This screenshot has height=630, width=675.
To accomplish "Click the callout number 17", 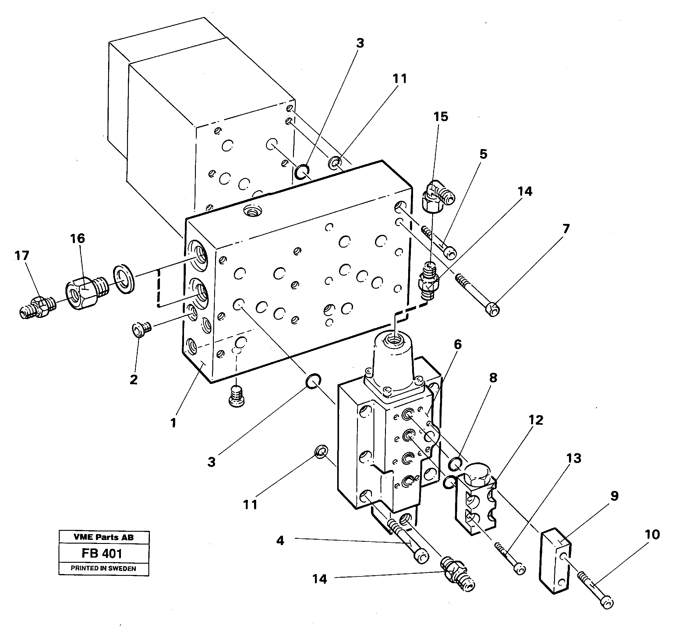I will (22, 256).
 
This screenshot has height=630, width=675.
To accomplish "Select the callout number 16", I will (77, 238).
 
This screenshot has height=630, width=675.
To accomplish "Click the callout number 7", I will (565, 229).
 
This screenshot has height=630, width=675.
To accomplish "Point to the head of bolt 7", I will (493, 309).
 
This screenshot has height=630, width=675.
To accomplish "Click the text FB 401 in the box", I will (102, 554).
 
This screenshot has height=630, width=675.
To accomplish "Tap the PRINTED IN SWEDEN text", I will (104, 569).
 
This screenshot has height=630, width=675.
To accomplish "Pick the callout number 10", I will (652, 535).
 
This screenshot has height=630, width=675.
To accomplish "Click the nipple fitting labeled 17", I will (36, 307).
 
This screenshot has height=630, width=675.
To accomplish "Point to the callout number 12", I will (535, 420).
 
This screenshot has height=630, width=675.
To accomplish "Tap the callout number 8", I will (493, 378).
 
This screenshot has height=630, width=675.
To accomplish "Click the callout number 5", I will (483, 154).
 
